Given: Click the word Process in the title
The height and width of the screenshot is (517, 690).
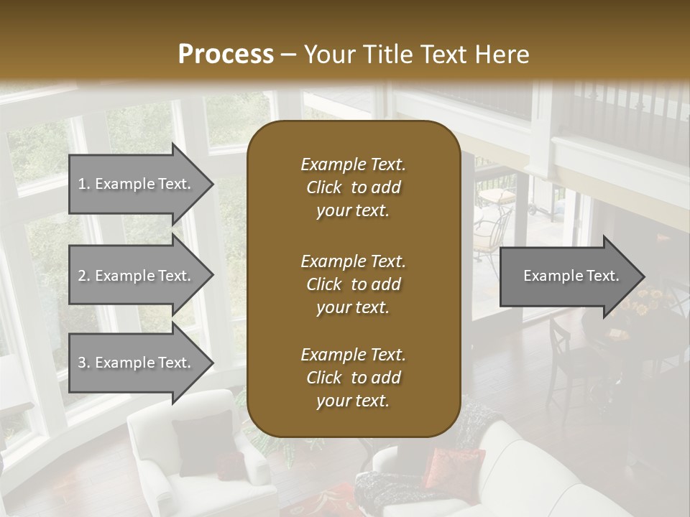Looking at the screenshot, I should pos(226,54).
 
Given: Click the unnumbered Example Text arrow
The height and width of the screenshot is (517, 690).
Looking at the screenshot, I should pos(571,276).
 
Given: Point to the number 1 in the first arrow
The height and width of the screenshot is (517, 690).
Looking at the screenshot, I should pos(82,184).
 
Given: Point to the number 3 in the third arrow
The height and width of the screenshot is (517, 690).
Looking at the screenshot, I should pos(82,363).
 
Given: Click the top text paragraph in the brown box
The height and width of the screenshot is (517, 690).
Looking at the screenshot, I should pos(353,187).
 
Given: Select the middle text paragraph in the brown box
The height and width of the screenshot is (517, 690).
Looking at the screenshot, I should pos(353,284).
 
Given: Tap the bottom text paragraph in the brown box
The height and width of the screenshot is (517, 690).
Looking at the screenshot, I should pos(353,378).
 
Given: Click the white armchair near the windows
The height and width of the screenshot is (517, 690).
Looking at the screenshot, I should pos(194,460).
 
